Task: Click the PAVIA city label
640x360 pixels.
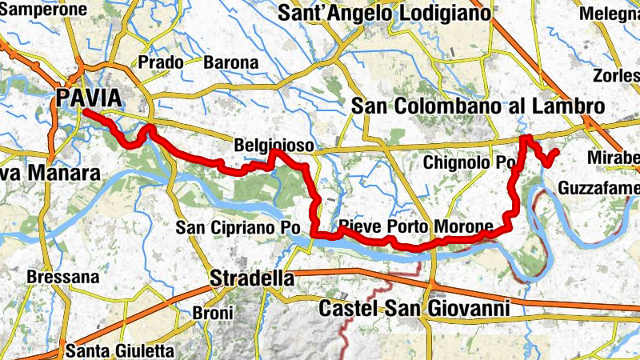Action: coord(89,98)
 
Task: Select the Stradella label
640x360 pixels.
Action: coord(250,279)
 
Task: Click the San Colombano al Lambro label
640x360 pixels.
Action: coord(477,106)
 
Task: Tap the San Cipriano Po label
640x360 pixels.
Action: coord(238,228)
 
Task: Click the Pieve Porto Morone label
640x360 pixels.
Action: coord(415,227)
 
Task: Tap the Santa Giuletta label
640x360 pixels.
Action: coord(119,350)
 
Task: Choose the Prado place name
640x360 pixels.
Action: coord(161,62)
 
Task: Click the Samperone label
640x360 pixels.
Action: coord(43,10)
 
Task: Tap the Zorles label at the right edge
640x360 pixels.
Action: coord(616,76)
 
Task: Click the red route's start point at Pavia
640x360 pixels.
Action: coord(83,113)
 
